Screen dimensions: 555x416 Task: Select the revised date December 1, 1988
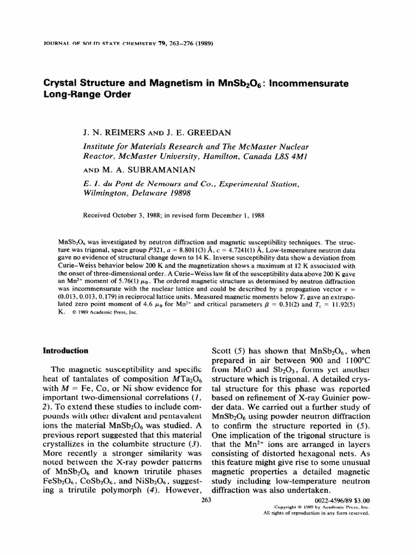(x=242, y=215)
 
